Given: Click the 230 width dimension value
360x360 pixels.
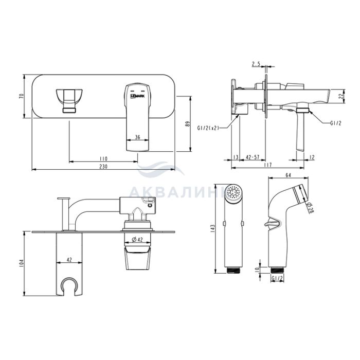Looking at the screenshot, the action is click(103, 167).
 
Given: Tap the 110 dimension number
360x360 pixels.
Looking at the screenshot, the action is click(103, 158).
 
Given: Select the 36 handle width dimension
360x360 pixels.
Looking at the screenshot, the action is click(137, 137).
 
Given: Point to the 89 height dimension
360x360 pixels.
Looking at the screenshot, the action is click(188, 124).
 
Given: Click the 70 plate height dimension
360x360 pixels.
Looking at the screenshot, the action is click(22, 96).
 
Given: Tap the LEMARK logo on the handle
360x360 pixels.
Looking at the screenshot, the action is click(137, 97).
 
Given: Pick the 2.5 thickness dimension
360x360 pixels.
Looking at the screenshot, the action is click(256, 64).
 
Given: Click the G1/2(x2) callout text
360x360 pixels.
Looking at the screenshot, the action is click(208, 128).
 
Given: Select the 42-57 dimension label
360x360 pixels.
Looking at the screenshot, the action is click(253, 157).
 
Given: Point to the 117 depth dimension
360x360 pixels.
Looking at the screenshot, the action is click(268, 165).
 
